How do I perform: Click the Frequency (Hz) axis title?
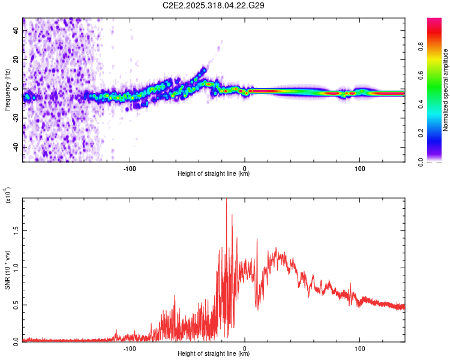7,89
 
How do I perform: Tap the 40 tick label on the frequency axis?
16,29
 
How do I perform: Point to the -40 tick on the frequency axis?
16,147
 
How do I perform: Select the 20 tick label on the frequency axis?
16,59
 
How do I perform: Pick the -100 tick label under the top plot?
129,167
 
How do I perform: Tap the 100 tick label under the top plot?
360,167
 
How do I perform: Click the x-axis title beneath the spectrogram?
214,174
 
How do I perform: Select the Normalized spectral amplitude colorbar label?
446,90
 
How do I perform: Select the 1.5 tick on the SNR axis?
16,230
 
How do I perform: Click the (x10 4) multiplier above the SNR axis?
8,196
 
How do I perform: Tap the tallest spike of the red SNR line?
226,200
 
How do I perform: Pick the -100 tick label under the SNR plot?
129,347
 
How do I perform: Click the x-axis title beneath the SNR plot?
214,354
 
